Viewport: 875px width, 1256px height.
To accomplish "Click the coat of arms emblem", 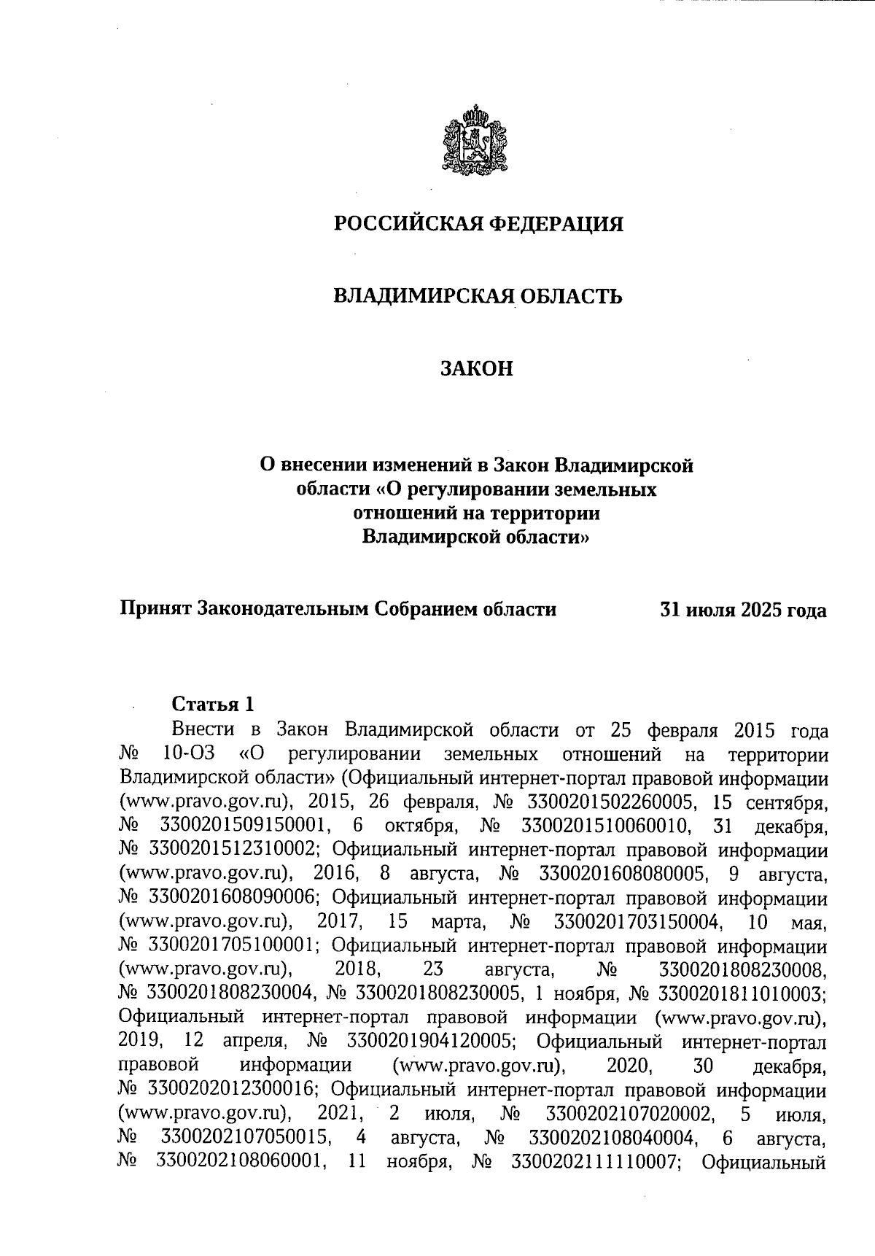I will pos(476,141).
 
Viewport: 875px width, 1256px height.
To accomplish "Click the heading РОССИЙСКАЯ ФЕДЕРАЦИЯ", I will pos(478,224).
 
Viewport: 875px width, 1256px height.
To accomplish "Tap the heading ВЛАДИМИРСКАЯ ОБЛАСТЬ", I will pos(478,296).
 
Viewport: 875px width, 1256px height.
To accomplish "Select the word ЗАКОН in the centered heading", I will pos(477,369).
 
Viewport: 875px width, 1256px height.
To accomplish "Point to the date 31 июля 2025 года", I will pos(743,610).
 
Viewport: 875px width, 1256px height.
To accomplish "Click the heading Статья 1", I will pos(213,704).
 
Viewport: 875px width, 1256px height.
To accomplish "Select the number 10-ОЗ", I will pos(186,753).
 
